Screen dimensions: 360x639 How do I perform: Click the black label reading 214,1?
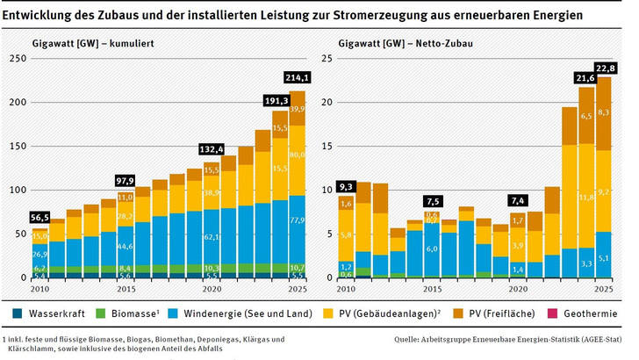pos(298,76)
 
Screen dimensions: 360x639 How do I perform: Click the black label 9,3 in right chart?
pos(346,187)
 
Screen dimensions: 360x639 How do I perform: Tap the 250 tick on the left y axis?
pos(16,59)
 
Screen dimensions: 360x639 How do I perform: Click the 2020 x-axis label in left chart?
pos(212,289)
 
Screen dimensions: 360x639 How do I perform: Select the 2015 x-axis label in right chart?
pos(431,289)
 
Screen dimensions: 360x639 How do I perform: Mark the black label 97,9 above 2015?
pos(126,180)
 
